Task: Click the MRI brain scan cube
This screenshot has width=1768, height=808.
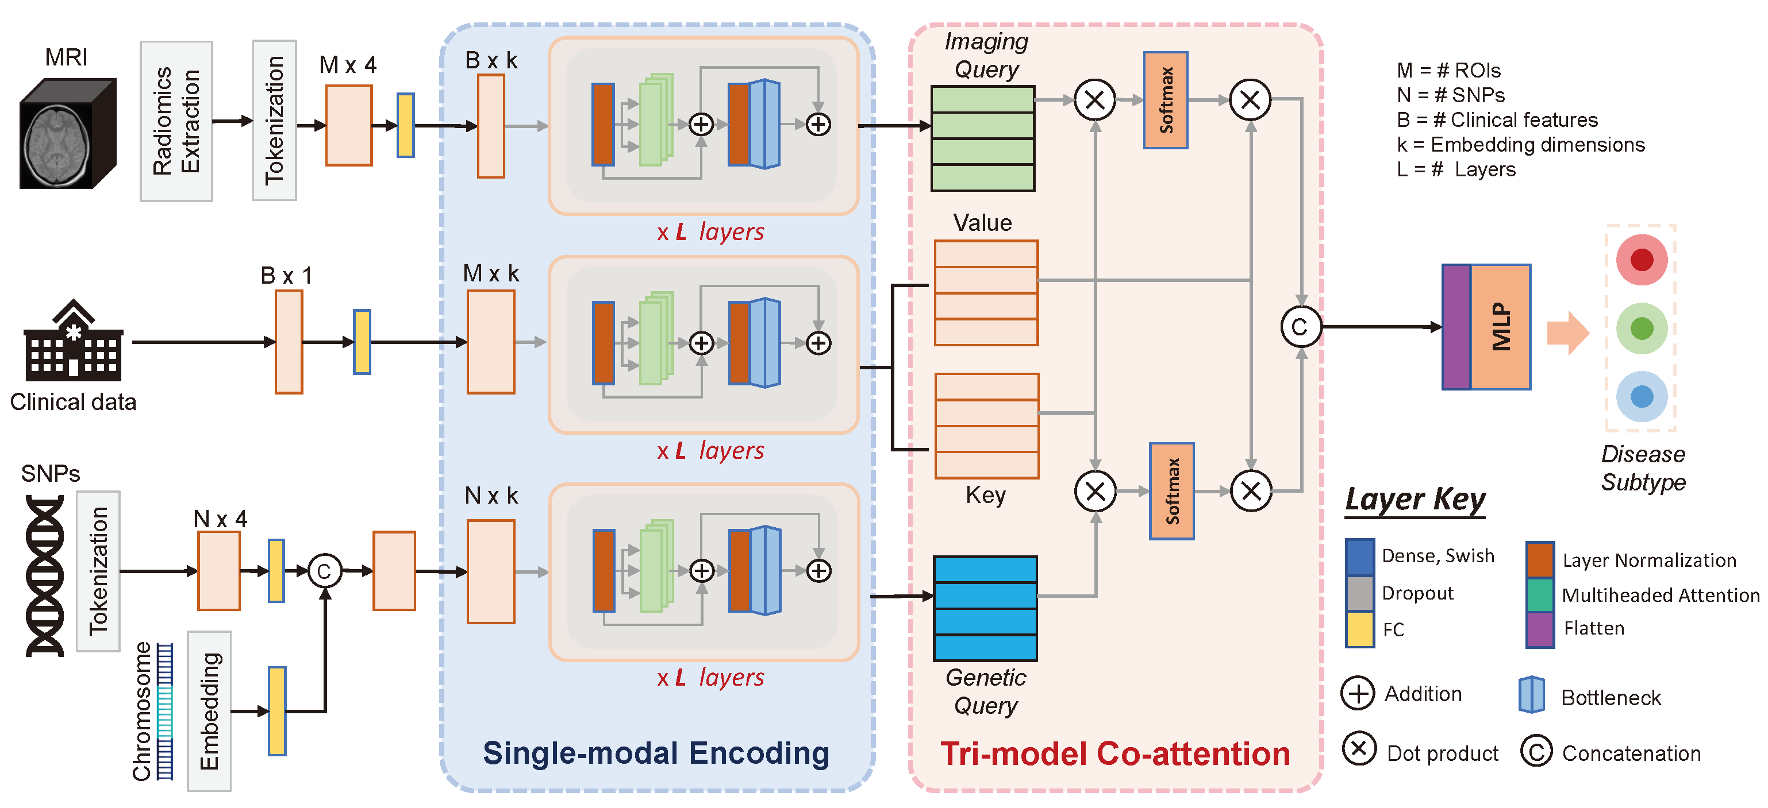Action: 67,133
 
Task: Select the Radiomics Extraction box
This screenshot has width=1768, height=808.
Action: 176,121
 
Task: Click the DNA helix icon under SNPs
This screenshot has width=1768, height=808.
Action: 45,575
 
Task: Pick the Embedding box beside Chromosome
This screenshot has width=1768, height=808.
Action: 209,712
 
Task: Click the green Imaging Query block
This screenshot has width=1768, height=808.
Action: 983,138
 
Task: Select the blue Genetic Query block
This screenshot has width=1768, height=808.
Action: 986,608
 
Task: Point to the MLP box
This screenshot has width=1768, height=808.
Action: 1486,327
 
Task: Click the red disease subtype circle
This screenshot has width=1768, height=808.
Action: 1642,260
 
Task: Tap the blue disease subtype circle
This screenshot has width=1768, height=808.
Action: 1642,396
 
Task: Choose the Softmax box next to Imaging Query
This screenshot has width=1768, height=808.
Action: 1166,100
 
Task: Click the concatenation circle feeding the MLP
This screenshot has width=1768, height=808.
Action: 1301,327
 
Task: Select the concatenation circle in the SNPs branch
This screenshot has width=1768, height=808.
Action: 325,571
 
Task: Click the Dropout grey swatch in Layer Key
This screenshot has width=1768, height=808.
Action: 1360,593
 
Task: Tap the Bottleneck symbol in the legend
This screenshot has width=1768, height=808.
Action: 1532,695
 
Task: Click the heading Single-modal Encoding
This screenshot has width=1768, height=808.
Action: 656,753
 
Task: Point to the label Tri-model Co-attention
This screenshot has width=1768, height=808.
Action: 1115,754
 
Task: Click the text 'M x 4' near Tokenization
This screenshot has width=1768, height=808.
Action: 348,64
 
